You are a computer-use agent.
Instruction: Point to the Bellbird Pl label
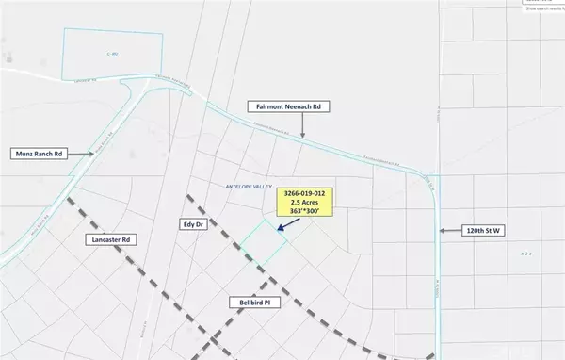254,303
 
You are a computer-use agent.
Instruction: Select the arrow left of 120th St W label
450,229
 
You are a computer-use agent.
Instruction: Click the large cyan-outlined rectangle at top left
113,55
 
